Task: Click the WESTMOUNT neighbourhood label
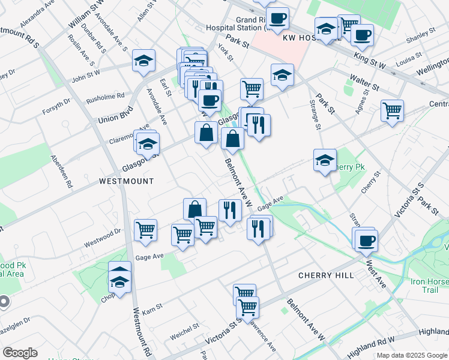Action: point(126,181)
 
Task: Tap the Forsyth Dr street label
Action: point(56,101)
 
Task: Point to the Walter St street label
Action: point(365,85)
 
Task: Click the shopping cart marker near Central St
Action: point(392,110)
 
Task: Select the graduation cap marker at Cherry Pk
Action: point(325,160)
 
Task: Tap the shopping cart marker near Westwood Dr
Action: point(146,229)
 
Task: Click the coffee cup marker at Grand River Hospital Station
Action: point(277,18)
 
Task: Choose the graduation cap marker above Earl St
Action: point(144,60)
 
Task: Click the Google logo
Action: point(19,353)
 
